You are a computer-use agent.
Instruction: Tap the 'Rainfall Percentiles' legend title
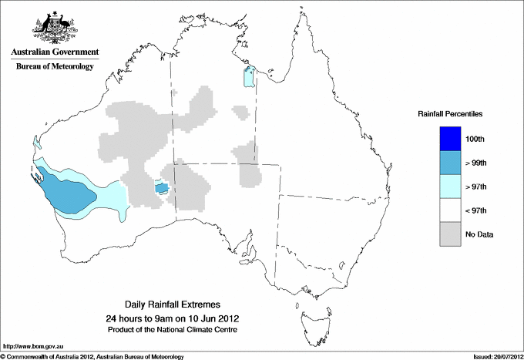click(450, 114)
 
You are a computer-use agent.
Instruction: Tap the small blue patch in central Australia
click(162, 187)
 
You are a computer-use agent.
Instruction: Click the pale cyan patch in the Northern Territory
click(249, 78)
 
